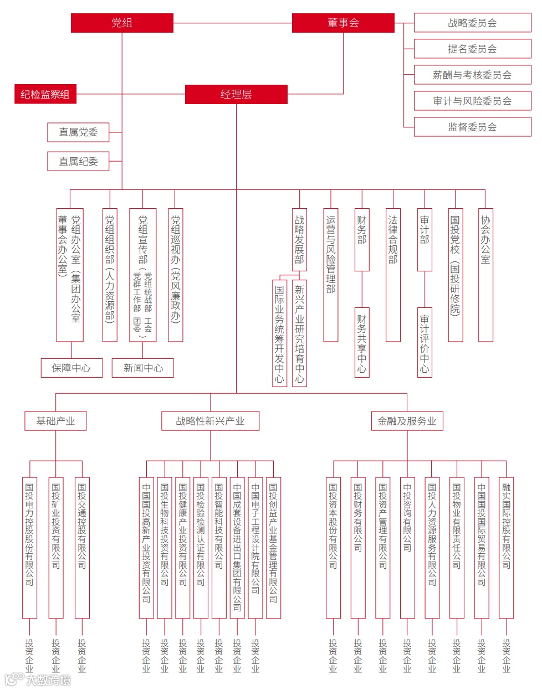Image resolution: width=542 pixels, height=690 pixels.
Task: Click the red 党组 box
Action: (122, 23)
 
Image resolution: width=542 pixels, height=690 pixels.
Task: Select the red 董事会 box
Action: (343, 23)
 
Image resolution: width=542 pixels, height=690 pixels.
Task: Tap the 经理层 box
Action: (236, 95)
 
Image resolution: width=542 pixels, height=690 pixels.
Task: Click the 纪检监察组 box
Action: (45, 95)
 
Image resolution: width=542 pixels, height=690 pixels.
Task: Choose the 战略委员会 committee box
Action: (472, 23)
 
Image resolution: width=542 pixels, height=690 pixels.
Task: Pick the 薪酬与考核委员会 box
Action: (472, 75)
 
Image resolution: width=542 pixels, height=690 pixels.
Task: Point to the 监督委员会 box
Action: (472, 127)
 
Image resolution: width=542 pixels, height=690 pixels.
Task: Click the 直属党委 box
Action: (78, 132)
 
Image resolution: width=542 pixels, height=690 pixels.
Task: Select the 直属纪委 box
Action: (78, 162)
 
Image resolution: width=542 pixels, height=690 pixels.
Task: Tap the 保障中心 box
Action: (71, 368)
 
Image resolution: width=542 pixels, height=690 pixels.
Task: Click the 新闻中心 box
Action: (143, 368)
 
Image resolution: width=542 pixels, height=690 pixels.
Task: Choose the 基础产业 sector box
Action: (55, 421)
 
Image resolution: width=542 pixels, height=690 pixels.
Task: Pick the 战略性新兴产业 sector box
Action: (210, 421)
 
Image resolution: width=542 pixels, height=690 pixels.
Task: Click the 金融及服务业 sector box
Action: (407, 421)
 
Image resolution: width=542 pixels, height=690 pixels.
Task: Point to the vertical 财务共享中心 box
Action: (362, 343)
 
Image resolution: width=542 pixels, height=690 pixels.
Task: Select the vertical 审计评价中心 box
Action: (425, 343)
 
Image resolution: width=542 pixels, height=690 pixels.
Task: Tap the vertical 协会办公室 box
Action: (485, 275)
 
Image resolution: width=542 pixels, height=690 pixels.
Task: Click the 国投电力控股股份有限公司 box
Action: (29, 547)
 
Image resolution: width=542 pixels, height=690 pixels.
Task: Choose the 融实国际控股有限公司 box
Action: (506, 547)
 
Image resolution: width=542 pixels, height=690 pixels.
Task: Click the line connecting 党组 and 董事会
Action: (233, 23)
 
